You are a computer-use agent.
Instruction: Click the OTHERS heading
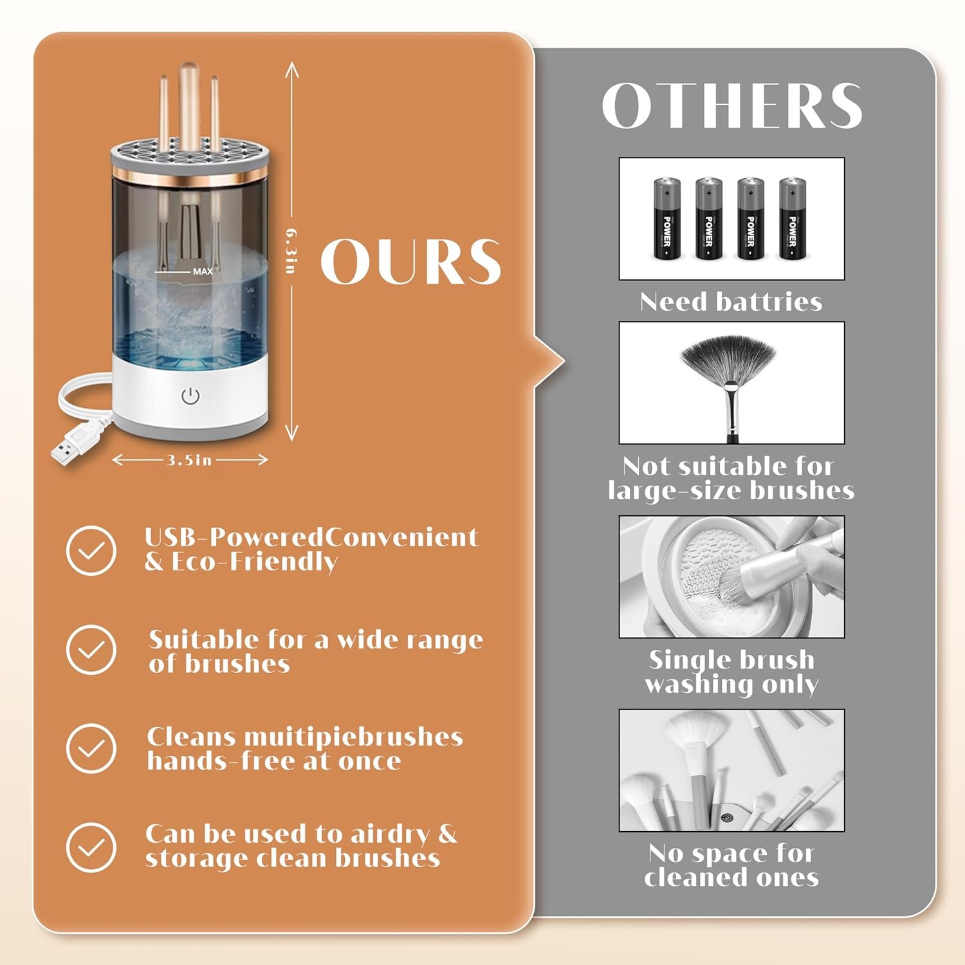pyautogui.click(x=731, y=106)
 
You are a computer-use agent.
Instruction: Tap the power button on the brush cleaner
pyautogui.click(x=190, y=396)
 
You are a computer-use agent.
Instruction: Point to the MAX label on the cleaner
pyautogui.click(x=203, y=271)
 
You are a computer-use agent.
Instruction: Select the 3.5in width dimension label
pyautogui.click(x=189, y=460)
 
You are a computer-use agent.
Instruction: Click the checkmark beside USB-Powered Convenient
pyautogui.click(x=91, y=550)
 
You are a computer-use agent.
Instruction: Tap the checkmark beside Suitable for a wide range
pyautogui.click(x=91, y=650)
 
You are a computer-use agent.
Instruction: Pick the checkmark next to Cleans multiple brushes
pyautogui.click(x=91, y=748)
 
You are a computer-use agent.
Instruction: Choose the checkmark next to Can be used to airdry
pyautogui.click(x=91, y=847)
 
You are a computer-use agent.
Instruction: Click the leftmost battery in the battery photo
pyautogui.click(x=667, y=219)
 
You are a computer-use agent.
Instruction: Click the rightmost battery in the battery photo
pyautogui.click(x=793, y=219)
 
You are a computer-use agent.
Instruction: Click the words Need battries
pyautogui.click(x=731, y=302)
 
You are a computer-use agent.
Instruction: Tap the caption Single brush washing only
pyautogui.click(x=731, y=672)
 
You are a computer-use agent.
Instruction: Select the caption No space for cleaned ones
pyautogui.click(x=731, y=865)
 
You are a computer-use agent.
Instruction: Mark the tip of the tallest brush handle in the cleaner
pyautogui.click(x=188, y=64)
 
